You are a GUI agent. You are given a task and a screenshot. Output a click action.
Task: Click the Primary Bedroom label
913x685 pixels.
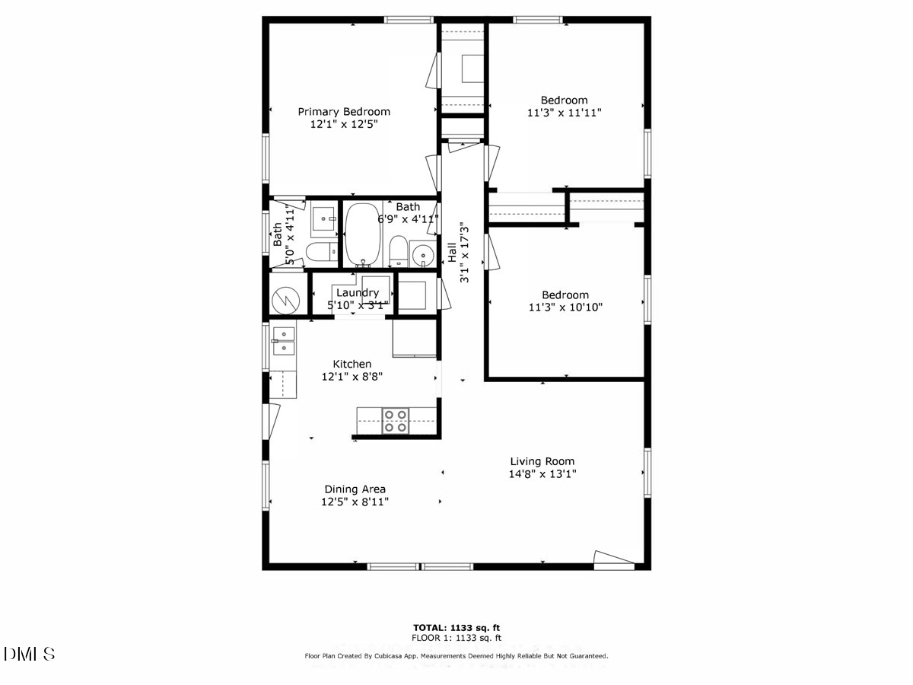pos(343,111)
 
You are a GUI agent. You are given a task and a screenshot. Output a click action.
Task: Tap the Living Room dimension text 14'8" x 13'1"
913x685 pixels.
pos(542,473)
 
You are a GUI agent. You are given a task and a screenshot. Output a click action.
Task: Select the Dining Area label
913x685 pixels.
pos(355,489)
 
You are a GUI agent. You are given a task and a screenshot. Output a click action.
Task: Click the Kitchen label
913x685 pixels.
pos(352,364)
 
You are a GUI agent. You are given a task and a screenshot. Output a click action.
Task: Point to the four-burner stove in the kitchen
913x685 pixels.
pos(395,421)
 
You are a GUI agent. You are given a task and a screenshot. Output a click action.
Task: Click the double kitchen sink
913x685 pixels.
pos(284,340)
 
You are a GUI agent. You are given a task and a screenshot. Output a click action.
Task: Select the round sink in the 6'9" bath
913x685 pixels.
pos(421,253)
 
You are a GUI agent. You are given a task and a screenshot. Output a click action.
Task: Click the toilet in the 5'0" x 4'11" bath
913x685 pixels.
pos(319,252)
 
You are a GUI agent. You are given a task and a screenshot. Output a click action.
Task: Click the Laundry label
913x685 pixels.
pos(357,293)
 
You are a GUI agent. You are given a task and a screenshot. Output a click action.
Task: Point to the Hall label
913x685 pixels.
pos(451,252)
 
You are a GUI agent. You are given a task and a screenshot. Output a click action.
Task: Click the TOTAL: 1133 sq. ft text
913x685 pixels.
pos(456,627)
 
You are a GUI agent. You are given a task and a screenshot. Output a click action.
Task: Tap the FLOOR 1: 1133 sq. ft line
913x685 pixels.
pos(456,638)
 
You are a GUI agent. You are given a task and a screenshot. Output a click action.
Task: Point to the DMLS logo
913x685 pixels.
pos(29,654)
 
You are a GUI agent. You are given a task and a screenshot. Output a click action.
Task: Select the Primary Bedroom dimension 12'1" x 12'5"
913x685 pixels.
pos(343,123)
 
